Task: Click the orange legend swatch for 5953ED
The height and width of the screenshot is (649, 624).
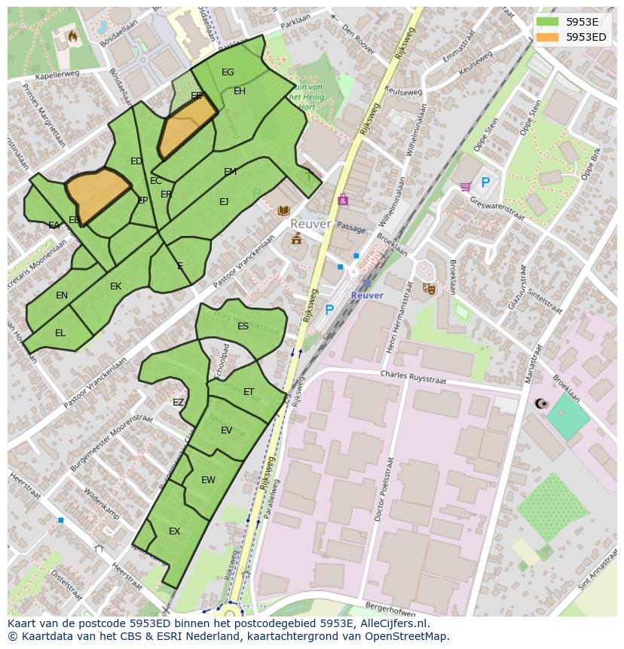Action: pyautogui.click(x=548, y=37)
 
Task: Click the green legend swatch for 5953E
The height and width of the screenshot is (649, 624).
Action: pyautogui.click(x=548, y=22)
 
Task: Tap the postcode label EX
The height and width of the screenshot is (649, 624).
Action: pyautogui.click(x=174, y=531)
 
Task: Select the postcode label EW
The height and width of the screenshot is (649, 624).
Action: pyautogui.click(x=208, y=480)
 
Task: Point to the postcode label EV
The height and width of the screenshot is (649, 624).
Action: pyautogui.click(x=226, y=430)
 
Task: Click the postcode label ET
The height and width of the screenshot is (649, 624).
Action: pyautogui.click(x=249, y=392)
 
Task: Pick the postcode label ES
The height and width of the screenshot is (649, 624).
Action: pyautogui.click(x=243, y=326)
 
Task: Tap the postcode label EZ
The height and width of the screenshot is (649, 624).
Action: pyautogui.click(x=178, y=403)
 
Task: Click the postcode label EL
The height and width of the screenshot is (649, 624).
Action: pyautogui.click(x=60, y=333)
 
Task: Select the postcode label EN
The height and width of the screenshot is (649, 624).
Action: pyautogui.click(x=62, y=295)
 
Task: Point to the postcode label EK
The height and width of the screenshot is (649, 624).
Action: pyautogui.click(x=115, y=286)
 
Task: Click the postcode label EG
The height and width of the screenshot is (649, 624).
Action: pyautogui.click(x=228, y=72)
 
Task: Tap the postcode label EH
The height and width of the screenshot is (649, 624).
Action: pyautogui.click(x=240, y=91)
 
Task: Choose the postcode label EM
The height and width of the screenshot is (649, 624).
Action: pyautogui.click(x=230, y=172)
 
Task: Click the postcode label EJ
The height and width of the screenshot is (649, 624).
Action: pyautogui.click(x=224, y=202)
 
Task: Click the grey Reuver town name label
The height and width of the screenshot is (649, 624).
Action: pyautogui.click(x=310, y=224)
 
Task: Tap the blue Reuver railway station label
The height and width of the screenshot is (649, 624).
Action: pyautogui.click(x=367, y=295)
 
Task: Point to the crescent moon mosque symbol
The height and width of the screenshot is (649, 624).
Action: pyautogui.click(x=540, y=404)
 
